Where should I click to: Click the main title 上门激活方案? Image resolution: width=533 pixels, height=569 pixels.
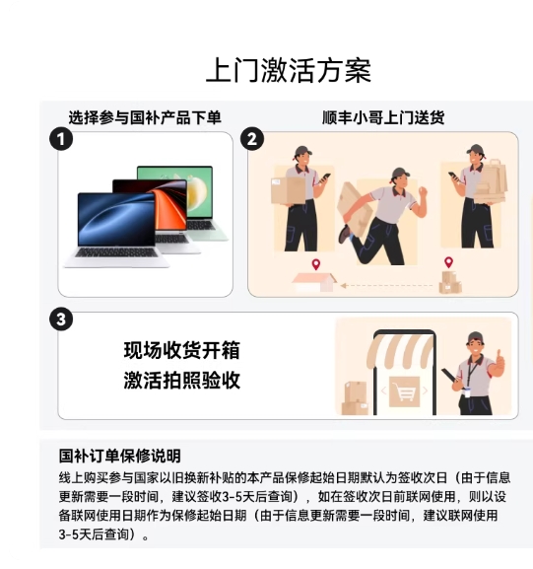pos(289,70)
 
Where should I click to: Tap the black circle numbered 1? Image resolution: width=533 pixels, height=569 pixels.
pos(61,139)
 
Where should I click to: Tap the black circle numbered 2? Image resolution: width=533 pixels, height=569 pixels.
pos(252,139)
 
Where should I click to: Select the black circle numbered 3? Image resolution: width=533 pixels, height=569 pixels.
pos(61,320)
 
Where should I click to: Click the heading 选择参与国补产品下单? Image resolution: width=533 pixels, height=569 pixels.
pos(145,117)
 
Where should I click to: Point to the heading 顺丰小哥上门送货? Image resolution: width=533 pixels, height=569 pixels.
pos(383,117)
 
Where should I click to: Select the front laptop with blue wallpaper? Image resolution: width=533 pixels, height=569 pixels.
pos(116,230)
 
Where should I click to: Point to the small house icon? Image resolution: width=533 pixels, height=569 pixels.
pos(314,282)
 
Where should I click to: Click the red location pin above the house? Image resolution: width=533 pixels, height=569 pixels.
pos(316,264)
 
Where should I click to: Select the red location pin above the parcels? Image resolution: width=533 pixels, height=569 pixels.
pos(449,262)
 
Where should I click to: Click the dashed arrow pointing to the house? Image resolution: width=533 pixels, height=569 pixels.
pos(386,286)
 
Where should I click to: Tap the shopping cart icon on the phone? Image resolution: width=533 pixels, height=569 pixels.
pos(404,391)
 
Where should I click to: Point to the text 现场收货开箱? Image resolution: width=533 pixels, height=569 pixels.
pos(181,350)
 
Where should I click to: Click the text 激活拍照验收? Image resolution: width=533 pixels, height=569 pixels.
pos(181,381)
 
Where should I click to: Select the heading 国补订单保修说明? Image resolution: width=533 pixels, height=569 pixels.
pos(120,456)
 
